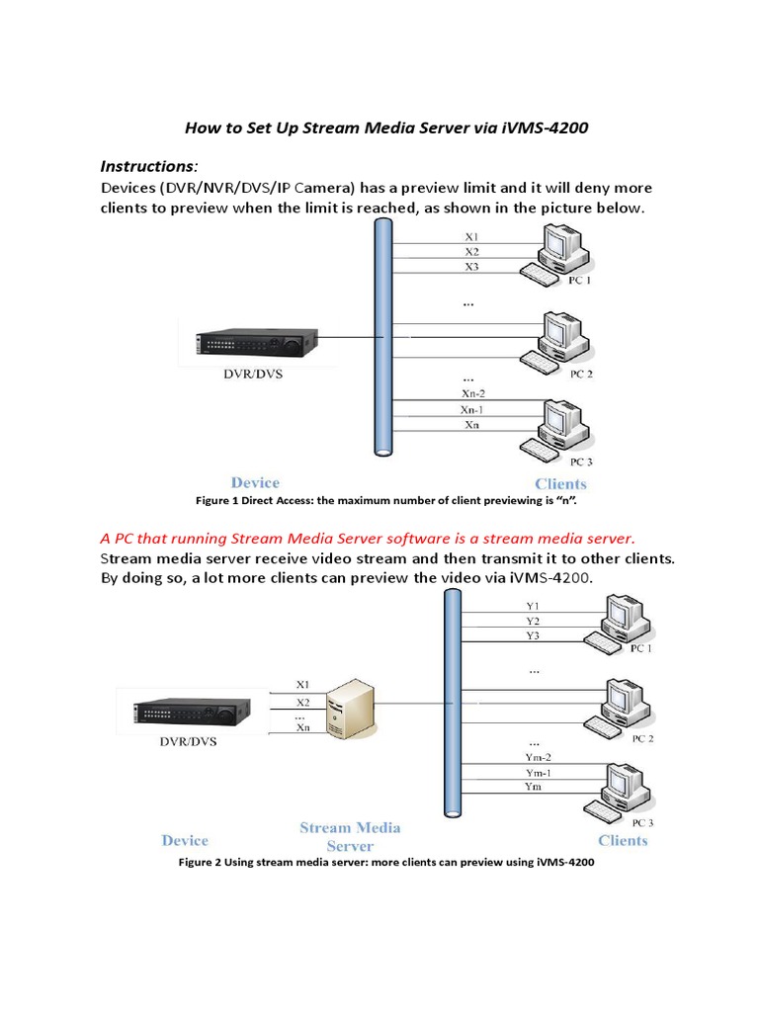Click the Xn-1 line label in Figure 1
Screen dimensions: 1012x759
click(x=471, y=409)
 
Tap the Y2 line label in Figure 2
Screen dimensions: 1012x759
click(x=533, y=622)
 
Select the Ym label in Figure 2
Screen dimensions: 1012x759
click(x=533, y=787)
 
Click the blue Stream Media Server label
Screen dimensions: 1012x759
click(x=350, y=837)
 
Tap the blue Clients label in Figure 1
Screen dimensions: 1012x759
click(x=560, y=483)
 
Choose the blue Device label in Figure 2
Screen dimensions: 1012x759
click(x=185, y=840)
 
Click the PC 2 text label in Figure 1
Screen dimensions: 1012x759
click(x=581, y=375)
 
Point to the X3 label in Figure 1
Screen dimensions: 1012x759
click(x=471, y=267)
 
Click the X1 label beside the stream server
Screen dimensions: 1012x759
click(x=302, y=684)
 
